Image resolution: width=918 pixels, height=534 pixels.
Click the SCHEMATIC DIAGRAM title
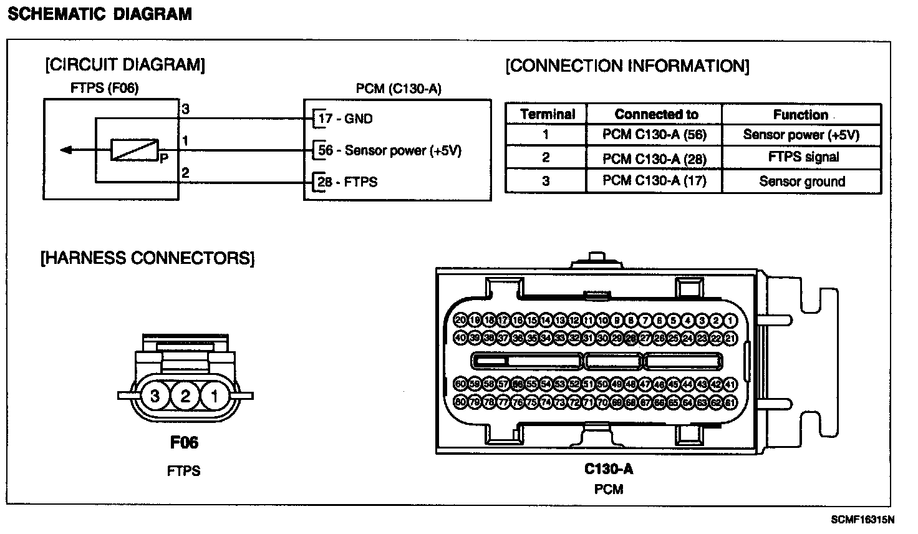100,14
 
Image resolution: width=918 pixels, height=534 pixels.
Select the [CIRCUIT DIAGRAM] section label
125,64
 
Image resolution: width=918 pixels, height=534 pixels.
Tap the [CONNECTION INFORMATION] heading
627,66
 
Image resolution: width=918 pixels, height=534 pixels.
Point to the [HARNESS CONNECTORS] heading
147,258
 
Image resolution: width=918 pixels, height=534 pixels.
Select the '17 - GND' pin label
345,119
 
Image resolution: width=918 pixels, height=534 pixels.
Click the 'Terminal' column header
546,114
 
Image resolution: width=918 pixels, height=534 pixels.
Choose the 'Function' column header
801,114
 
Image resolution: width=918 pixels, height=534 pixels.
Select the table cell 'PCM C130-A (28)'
654,158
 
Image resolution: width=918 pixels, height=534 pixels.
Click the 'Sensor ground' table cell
801,182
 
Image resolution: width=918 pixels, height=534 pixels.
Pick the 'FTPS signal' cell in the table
803,157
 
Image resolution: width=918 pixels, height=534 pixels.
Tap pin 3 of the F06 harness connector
155,396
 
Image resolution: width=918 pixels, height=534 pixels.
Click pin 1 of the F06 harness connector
214,396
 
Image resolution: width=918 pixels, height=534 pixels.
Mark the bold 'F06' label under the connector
184,443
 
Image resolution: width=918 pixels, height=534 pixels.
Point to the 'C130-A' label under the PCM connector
608,468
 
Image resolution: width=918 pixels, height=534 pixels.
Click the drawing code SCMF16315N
862,519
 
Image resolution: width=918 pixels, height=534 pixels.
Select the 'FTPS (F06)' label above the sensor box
104,89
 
